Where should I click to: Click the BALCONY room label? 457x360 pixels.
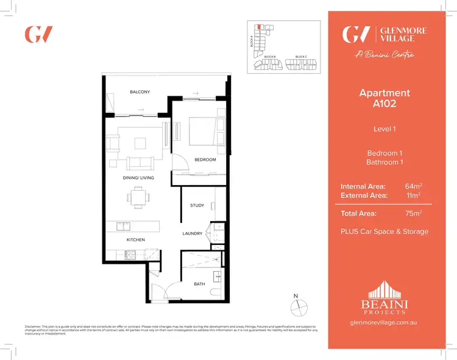pos(140,92)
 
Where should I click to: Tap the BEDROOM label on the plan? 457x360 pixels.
pos(205,160)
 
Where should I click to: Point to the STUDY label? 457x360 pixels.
pos(197,205)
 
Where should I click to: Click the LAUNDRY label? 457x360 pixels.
pos(193,233)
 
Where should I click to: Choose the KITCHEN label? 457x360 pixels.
pos(135,240)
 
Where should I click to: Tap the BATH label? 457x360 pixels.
pos(199,284)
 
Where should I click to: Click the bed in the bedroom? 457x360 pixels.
pos(202,131)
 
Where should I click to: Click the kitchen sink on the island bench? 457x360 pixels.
pos(124,227)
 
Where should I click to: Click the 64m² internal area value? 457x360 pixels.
pos(413,186)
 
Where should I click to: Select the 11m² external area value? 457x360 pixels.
pos(414,195)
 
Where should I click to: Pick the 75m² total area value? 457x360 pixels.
pos(413,213)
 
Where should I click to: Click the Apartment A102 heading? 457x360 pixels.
pos(384,98)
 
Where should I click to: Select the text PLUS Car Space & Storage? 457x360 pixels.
pos(384,231)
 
